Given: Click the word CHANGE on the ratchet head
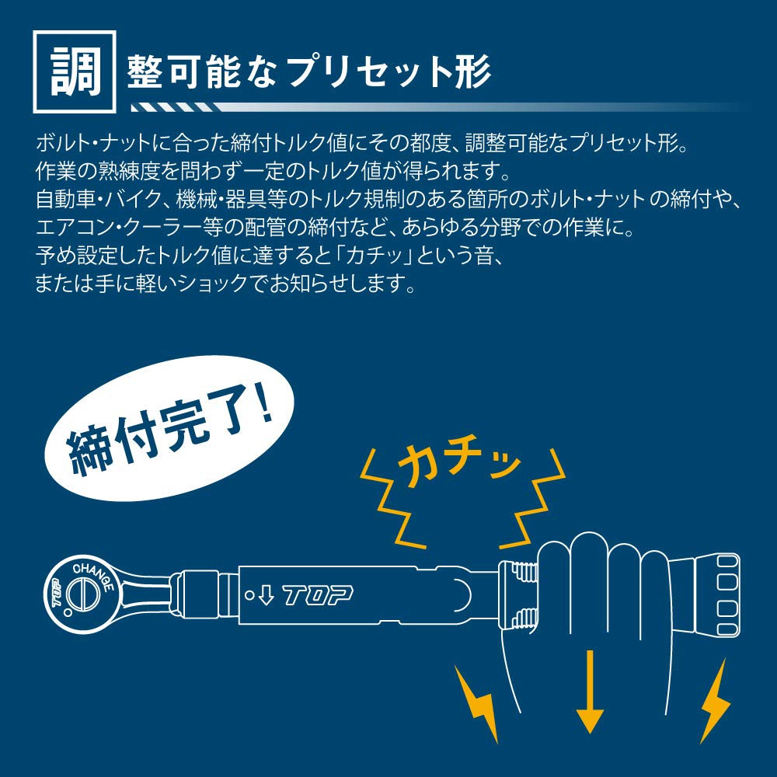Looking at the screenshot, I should point(95,575).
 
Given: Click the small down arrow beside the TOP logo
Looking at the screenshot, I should point(265,596).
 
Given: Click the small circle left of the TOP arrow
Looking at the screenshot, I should point(249,596).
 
